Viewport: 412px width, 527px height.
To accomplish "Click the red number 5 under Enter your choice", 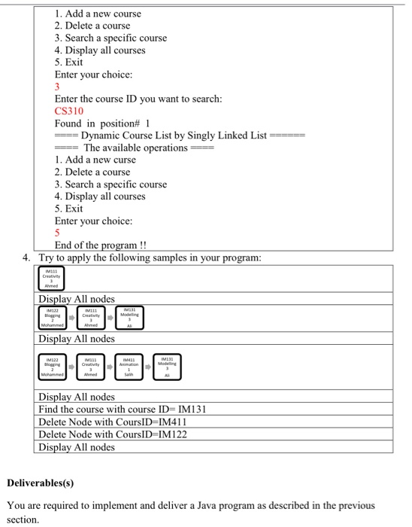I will (58, 233).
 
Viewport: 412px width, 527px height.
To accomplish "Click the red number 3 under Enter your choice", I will (58, 87).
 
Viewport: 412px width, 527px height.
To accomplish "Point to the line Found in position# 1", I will (103, 123).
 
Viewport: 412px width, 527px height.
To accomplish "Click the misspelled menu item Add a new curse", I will (95, 160).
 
